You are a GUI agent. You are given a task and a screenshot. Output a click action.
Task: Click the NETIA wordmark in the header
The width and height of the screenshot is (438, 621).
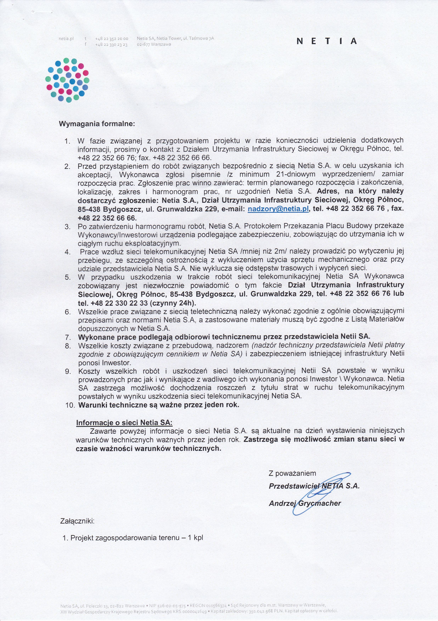tap(327, 41)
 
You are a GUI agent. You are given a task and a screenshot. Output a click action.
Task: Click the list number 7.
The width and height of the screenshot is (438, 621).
tap(68, 337)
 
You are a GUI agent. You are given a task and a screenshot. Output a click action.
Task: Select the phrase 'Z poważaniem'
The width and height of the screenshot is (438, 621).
tap(292, 473)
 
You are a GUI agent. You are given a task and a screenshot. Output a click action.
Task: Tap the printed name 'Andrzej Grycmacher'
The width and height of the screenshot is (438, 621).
tap(305, 503)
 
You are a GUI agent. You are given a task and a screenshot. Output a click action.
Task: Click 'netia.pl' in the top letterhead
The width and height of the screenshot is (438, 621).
tap(66, 39)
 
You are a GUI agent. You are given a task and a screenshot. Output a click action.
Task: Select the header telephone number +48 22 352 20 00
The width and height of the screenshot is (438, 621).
tap(112, 39)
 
